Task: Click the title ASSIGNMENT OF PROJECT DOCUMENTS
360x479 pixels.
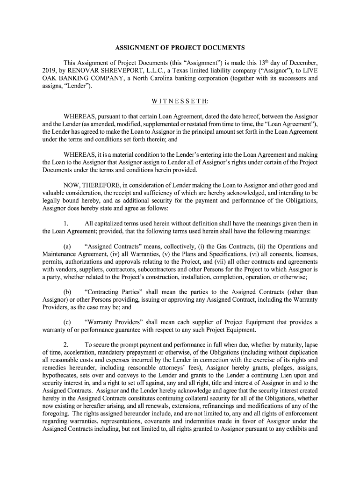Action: (x=180, y=48)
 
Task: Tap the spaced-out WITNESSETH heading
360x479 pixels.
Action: (x=180, y=102)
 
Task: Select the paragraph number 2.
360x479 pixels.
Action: (x=66, y=345)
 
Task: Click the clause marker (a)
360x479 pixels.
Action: (x=67, y=246)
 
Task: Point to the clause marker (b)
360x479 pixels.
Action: (x=67, y=292)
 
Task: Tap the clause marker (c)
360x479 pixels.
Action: (x=67, y=322)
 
